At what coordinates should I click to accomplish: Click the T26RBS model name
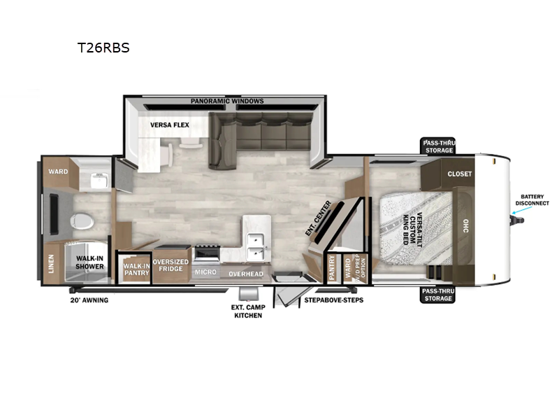pyautogui.click(x=103, y=48)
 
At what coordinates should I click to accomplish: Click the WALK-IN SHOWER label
pyautogui.click(x=89, y=262)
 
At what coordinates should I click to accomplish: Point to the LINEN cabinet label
pyautogui.click(x=51, y=264)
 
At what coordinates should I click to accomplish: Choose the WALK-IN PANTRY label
pyautogui.click(x=136, y=269)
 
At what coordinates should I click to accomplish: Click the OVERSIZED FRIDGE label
pyautogui.click(x=170, y=265)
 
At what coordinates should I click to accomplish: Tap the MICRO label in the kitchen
pyautogui.click(x=205, y=272)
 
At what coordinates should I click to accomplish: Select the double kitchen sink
pyautogui.click(x=256, y=247)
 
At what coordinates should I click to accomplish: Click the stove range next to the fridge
pyautogui.click(x=207, y=253)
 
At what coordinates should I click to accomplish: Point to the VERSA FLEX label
pyautogui.click(x=170, y=125)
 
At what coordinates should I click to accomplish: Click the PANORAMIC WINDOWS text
pyautogui.click(x=227, y=101)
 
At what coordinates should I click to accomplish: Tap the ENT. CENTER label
pyautogui.click(x=319, y=218)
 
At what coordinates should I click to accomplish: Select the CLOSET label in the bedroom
pyautogui.click(x=460, y=174)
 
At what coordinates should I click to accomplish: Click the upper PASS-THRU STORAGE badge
pyautogui.click(x=438, y=146)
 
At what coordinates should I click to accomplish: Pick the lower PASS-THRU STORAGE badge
pyautogui.click(x=438, y=295)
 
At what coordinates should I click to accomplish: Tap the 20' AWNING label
pyautogui.click(x=89, y=300)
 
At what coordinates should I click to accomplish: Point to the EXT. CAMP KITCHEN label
pyautogui.click(x=248, y=311)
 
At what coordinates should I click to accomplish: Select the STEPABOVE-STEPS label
pyautogui.click(x=334, y=300)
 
